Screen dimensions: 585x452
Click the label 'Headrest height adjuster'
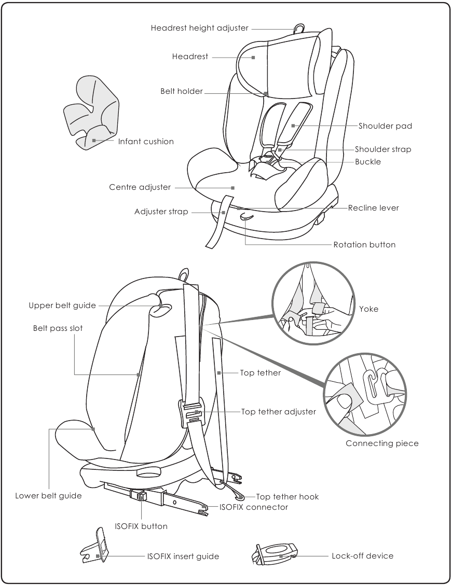tap(199, 28)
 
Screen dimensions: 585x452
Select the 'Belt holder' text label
tap(181, 92)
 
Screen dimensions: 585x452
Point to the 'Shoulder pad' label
tap(385, 126)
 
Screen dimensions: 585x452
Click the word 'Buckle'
tap(368, 162)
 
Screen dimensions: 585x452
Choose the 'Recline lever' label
tap(373, 208)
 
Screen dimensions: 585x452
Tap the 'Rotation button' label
tap(364, 245)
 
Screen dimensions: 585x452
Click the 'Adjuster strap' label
tap(161, 212)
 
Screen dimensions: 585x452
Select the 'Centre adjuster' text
tap(140, 187)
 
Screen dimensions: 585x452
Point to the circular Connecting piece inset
tap(366, 395)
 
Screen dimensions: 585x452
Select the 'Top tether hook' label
tap(287, 497)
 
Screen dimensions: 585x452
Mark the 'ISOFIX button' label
tap(141, 526)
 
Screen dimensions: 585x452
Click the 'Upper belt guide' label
tap(62, 305)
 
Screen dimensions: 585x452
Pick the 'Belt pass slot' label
tap(58, 328)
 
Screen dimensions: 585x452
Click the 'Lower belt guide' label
tap(48, 496)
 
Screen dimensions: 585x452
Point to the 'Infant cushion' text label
tap(146, 142)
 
